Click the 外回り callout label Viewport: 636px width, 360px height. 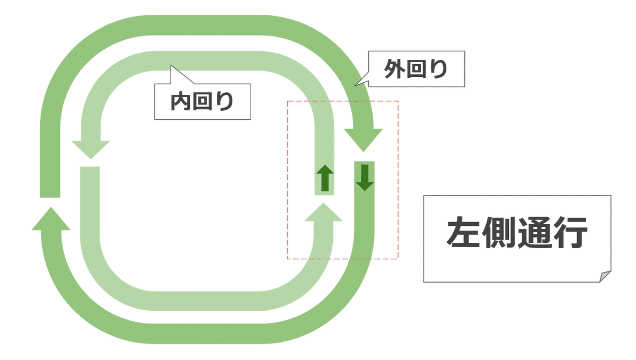(x=417, y=69)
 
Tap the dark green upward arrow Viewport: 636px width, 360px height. (x=325, y=178)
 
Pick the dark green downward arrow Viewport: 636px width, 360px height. (x=365, y=178)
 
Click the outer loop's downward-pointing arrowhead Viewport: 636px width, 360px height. (x=363, y=139)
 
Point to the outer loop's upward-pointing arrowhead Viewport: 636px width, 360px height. (x=51, y=218)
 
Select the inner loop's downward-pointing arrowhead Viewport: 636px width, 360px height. (x=91, y=149)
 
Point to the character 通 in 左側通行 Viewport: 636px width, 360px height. (x=535, y=233)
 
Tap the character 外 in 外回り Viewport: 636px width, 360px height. (x=394, y=69)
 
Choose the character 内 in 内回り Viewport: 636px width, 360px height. (x=180, y=102)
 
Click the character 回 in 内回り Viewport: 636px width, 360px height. (x=202, y=102)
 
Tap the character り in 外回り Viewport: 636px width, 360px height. (x=439, y=69)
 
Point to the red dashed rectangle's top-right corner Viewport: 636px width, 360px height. (x=397, y=101)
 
